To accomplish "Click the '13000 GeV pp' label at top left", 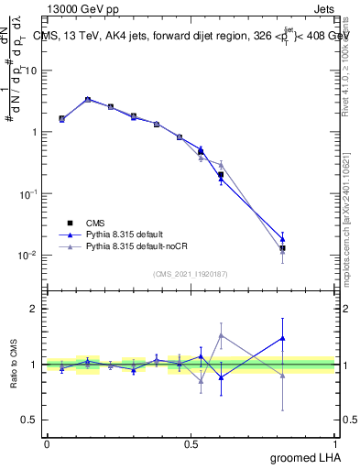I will (x=80, y=8).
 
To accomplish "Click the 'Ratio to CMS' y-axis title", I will (x=11, y=364).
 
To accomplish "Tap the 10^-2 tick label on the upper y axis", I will (x=28, y=256).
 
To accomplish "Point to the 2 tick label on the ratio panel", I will (x=34, y=309).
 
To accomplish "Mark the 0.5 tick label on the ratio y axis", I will (x=30, y=420).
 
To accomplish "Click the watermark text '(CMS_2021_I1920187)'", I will (x=191, y=273).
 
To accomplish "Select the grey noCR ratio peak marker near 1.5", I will (x=221, y=335).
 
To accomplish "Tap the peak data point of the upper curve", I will (x=87, y=99).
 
